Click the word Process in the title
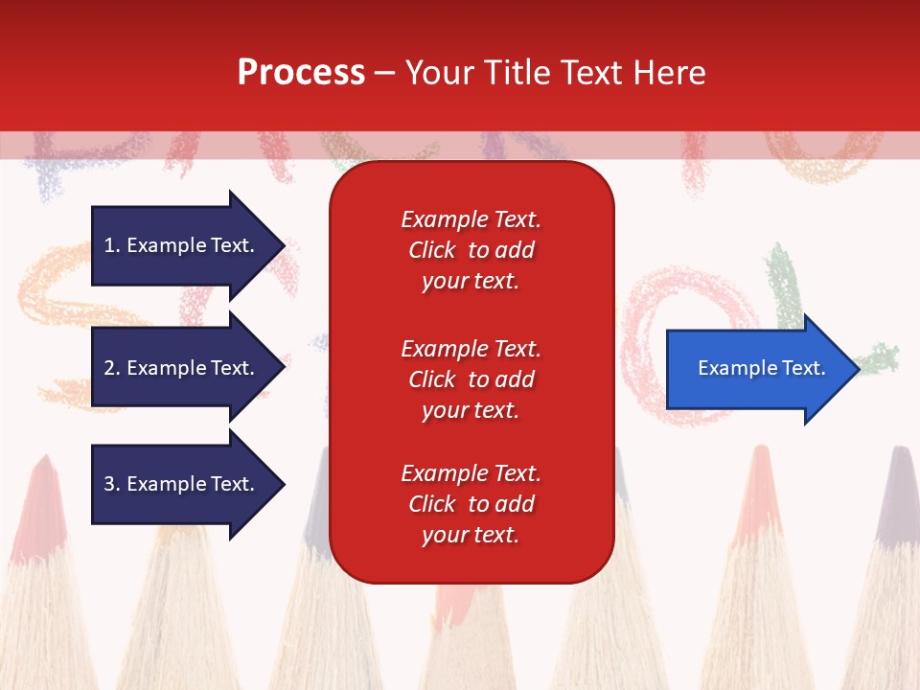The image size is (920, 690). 301,73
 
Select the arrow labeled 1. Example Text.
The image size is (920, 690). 182,245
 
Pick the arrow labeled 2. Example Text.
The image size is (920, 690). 182,368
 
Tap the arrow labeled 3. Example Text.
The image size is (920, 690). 182,484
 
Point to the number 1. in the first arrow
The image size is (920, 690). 112,245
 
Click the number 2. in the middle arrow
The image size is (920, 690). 112,368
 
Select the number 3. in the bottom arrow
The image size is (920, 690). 112,484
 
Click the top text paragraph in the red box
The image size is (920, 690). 471,250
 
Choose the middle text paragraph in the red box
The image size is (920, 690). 471,379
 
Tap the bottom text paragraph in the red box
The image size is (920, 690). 471,504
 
